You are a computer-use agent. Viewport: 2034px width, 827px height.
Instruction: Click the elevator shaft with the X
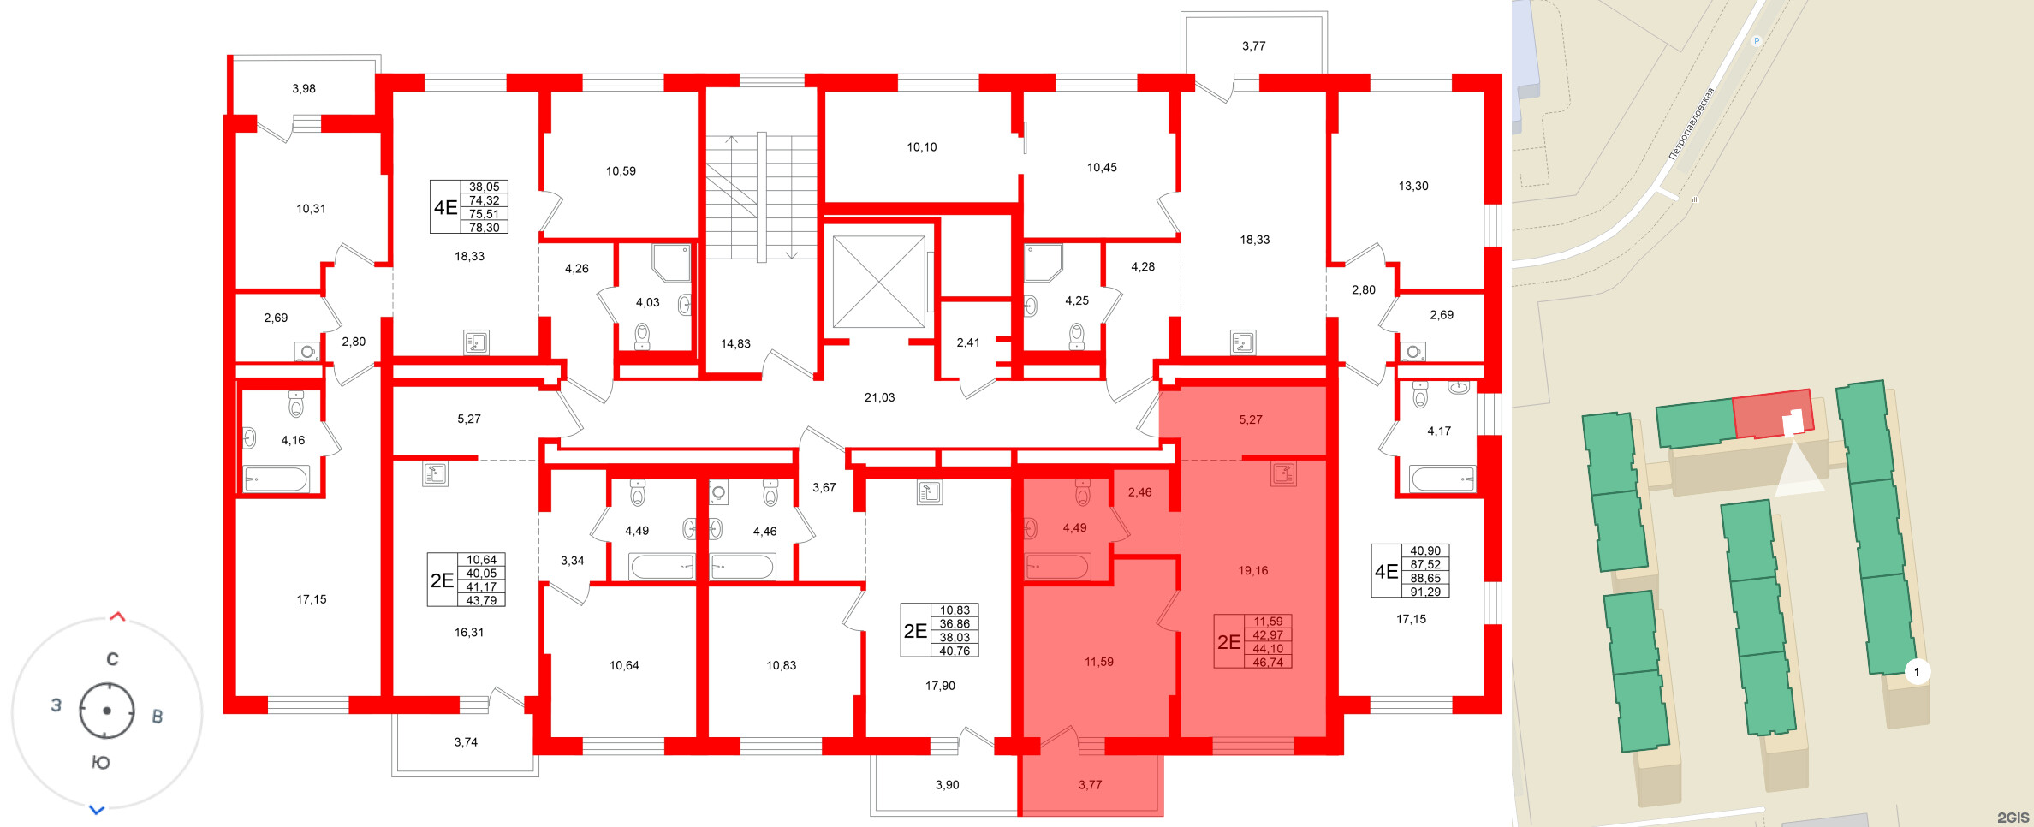878,282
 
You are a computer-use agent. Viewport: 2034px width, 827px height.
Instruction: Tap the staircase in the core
761,196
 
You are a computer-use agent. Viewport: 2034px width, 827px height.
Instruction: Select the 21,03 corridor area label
879,397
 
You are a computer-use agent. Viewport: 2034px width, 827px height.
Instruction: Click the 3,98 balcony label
304,88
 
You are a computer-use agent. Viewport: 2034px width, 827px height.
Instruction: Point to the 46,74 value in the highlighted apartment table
1268,662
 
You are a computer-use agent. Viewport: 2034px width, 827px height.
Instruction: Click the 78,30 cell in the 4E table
484,228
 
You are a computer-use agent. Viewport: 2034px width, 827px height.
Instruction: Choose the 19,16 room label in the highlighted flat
1252,570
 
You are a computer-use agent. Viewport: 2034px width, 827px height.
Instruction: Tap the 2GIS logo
2013,817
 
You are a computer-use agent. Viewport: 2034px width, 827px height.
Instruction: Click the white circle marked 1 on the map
1917,672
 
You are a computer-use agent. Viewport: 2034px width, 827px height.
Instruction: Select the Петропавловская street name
1692,123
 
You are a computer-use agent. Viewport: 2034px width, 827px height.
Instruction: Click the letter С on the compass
112,659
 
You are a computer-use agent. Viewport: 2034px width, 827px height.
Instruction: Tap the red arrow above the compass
118,616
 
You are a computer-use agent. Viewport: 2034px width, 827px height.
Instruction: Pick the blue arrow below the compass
97,809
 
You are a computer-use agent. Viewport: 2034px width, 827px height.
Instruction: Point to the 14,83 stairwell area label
735,343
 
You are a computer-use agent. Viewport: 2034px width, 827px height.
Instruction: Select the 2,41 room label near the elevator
968,342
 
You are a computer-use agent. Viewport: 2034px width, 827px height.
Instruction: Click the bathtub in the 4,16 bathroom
277,479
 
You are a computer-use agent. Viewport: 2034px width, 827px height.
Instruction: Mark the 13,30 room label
1412,186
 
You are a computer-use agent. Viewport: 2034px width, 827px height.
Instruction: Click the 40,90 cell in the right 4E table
1425,550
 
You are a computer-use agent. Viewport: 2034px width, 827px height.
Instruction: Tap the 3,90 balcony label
947,784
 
